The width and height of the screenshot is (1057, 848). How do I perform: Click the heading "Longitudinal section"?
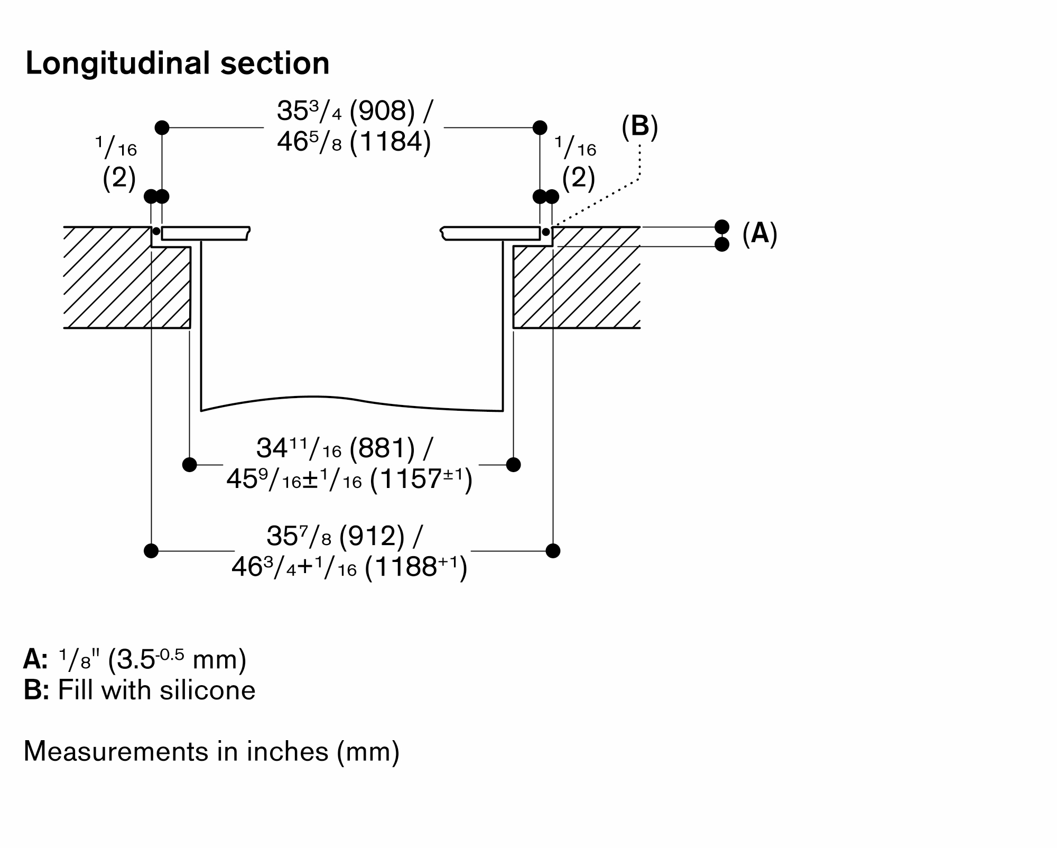click(x=178, y=63)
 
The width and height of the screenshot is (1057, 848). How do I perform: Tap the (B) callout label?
click(x=639, y=127)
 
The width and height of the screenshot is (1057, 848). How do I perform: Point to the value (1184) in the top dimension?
click(x=391, y=142)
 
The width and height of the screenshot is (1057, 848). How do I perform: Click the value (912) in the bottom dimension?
click(x=372, y=536)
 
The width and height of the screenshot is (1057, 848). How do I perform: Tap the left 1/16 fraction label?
click(x=116, y=148)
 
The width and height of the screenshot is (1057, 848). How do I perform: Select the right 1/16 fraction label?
click(x=576, y=148)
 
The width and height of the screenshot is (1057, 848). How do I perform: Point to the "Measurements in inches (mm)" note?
click(x=211, y=751)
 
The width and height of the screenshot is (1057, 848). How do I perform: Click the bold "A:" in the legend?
click(x=35, y=659)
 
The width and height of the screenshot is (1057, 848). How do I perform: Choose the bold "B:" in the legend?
click(x=36, y=690)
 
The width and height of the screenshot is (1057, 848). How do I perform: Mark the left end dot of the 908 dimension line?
click(x=162, y=127)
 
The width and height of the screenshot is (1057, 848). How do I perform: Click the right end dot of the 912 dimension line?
click(x=553, y=551)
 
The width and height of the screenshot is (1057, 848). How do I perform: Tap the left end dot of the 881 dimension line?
click(x=190, y=465)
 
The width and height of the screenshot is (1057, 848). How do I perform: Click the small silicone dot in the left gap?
click(x=156, y=232)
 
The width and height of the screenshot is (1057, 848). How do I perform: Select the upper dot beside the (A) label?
click(x=722, y=227)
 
